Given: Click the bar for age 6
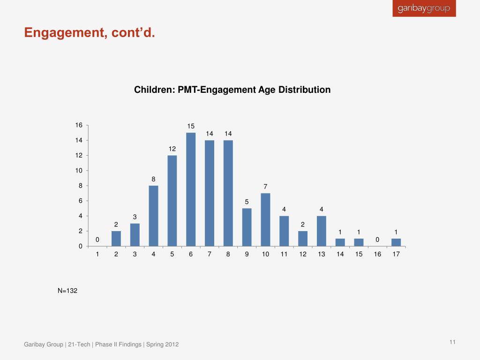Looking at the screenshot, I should click(191, 189).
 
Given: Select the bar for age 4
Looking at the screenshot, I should click(153, 216).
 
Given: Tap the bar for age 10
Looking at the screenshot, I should click(265, 219).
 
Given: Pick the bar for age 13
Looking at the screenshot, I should click(322, 231).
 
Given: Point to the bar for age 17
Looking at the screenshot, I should click(396, 242).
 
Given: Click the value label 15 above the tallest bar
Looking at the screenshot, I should click(191, 126).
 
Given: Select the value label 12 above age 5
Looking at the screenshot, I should click(172, 149).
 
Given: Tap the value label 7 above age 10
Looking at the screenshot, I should click(265, 187).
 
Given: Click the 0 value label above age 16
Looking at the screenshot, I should click(377, 240).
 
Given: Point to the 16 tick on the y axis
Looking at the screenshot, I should click(79, 125).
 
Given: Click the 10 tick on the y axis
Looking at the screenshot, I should click(79, 171).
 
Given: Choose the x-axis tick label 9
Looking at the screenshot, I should click(247, 255).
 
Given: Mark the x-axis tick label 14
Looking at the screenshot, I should click(340, 255).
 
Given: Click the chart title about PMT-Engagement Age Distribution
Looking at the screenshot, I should click(232, 90).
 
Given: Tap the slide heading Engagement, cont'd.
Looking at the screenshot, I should click(89, 33).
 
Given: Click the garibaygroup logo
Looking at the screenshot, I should click(424, 8).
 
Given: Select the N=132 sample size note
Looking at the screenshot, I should click(67, 291).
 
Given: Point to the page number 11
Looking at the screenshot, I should click(452, 342).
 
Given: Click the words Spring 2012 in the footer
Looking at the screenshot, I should click(163, 345).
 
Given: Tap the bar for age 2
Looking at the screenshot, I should click(116, 239).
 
